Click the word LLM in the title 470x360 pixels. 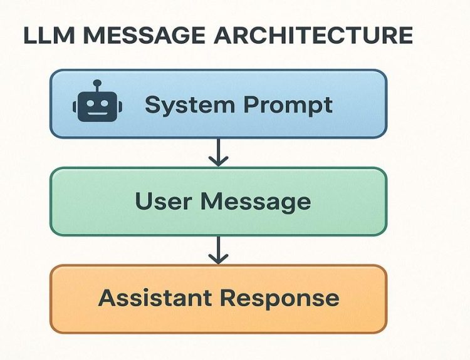pyautogui.click(x=49, y=35)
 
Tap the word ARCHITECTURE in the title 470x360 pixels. pyautogui.click(x=313, y=35)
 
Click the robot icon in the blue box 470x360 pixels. pyautogui.click(x=97, y=101)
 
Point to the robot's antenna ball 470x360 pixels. pyautogui.click(x=97, y=83)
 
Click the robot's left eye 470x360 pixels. pyautogui.click(x=90, y=103)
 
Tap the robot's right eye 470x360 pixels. pyautogui.click(x=104, y=103)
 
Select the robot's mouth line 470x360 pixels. pyautogui.click(x=97, y=113)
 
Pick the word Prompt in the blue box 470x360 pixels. pyautogui.click(x=288, y=105)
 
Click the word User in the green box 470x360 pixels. pyautogui.click(x=163, y=201)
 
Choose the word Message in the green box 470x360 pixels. pyautogui.click(x=256, y=202)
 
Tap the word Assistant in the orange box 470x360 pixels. pyautogui.click(x=155, y=297)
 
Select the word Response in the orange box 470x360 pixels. pyautogui.click(x=279, y=299)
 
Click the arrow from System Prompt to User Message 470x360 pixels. pyautogui.click(x=218, y=152)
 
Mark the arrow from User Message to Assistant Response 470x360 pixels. pyautogui.click(x=218, y=250)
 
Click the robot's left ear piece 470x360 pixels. pyautogui.click(x=75, y=107)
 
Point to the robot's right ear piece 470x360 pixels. pyautogui.click(x=120, y=107)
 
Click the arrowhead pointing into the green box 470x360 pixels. pyautogui.click(x=218, y=162)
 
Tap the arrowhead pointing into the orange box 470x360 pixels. pyautogui.click(x=218, y=259)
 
